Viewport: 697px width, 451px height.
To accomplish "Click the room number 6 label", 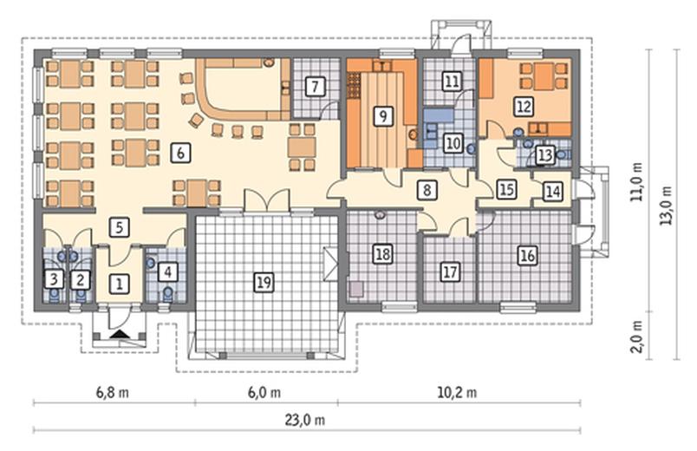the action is coord(180,153).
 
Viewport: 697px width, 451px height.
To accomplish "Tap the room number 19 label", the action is coord(264,282).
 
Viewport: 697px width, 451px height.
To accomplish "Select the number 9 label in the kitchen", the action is coord(382,115).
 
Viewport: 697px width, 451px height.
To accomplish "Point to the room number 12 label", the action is coord(524,107).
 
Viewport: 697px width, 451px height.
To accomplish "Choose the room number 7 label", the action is coord(316,86).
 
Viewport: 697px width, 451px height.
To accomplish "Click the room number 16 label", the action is coord(528,255).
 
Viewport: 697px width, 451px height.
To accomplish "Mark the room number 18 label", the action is coord(382,254).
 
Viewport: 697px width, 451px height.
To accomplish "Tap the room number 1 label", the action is coord(119,284).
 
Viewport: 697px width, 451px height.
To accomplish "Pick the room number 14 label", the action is coord(552,192).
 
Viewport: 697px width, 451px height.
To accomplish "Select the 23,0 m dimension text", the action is coord(305,420).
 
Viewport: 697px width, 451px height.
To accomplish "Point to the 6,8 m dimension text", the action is coord(113,392).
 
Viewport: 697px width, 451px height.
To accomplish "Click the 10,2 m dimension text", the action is coord(458,392).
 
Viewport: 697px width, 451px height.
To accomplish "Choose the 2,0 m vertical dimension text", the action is coord(637,337).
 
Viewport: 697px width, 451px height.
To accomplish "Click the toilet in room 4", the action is coord(168,292).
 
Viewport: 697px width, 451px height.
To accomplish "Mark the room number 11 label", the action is coord(452,82).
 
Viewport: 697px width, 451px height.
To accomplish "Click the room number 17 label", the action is coord(450,271).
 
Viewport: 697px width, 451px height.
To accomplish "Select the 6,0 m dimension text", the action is coord(264,392).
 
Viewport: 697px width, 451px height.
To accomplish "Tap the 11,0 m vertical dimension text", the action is coord(637,181).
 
